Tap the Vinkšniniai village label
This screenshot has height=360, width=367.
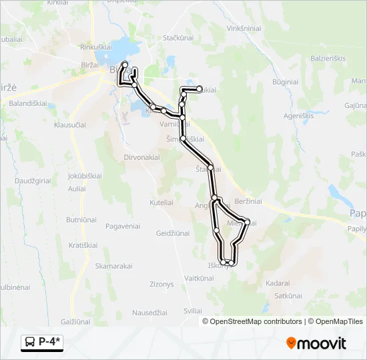[247, 29]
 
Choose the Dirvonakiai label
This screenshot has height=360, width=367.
[141, 157]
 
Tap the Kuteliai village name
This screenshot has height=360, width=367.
[163, 201]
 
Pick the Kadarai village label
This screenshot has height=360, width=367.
[278, 283]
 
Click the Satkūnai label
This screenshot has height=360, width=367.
[288, 295]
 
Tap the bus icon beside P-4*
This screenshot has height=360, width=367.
[30, 343]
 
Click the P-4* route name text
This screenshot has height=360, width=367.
[49, 342]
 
